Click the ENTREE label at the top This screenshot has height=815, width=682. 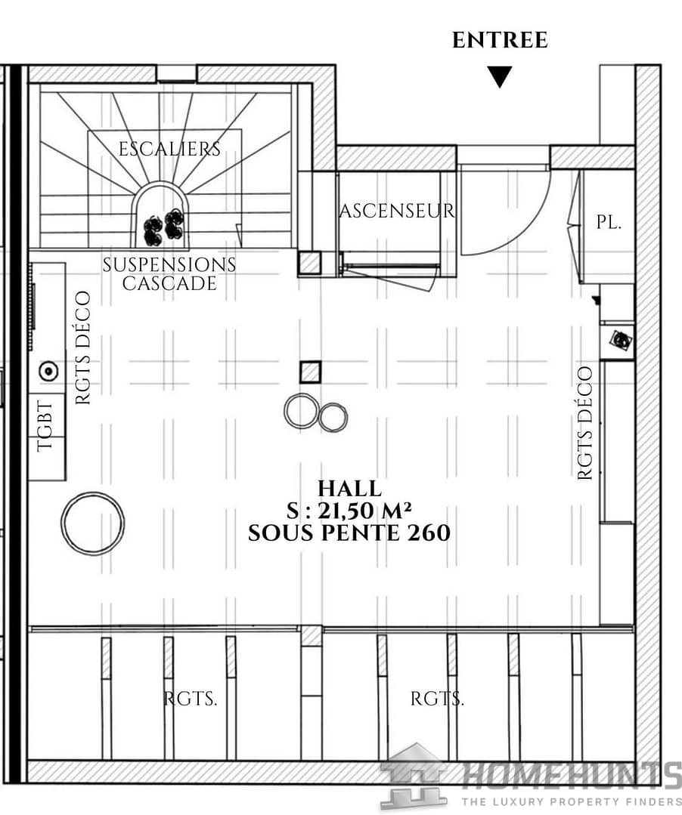pyautogui.click(x=500, y=40)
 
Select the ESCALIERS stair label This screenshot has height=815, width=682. pyautogui.click(x=169, y=149)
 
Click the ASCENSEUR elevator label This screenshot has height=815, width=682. pyautogui.click(x=397, y=211)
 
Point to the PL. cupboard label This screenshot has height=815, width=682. pyautogui.click(x=609, y=223)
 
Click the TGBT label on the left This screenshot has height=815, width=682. pyautogui.click(x=46, y=426)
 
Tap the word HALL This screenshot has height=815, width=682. pyautogui.click(x=349, y=489)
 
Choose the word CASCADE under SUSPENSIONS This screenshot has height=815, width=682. pyautogui.click(x=169, y=283)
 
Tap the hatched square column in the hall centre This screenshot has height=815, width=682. pyautogui.click(x=310, y=372)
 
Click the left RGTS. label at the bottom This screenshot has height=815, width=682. pyautogui.click(x=191, y=699)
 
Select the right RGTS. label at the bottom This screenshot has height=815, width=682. pyautogui.click(x=437, y=699)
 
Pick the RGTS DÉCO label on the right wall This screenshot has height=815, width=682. pyautogui.click(x=585, y=423)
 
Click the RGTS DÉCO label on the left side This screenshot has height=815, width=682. pyautogui.click(x=82, y=347)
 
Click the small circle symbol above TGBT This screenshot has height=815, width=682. pyautogui.click(x=48, y=371)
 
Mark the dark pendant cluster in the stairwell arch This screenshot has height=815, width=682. pyautogui.click(x=163, y=227)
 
